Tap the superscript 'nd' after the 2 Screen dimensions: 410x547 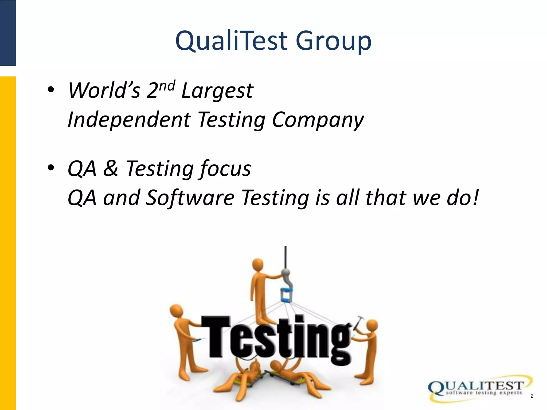(168, 86)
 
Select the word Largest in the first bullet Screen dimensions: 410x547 (217, 91)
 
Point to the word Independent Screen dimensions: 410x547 (129, 120)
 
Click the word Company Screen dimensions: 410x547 (318, 120)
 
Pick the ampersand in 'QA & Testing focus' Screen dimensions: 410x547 (111, 168)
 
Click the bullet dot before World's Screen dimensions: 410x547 (51, 90)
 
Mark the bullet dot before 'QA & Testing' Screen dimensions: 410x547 (51, 168)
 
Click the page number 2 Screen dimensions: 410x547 (532, 396)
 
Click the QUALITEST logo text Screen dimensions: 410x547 (478, 385)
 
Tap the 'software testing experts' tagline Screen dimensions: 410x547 (483, 393)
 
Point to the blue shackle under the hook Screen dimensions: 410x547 (286, 296)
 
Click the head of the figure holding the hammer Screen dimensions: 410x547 (372, 326)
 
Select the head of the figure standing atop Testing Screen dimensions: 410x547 (258, 264)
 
